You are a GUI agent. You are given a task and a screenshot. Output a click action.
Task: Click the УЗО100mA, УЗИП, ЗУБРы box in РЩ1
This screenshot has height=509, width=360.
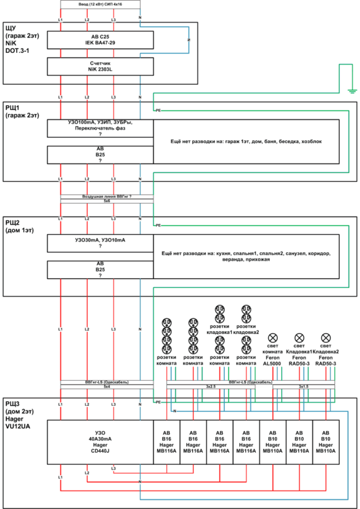(x=100, y=129)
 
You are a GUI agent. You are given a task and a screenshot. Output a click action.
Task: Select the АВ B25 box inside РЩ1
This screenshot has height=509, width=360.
(x=100, y=155)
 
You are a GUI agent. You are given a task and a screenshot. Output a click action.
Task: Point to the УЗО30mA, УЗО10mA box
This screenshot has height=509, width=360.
(x=100, y=244)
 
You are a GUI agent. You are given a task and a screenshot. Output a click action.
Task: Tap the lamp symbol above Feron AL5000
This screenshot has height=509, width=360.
(x=273, y=337)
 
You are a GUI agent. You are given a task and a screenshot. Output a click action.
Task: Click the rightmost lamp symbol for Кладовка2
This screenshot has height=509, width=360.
(x=325, y=337)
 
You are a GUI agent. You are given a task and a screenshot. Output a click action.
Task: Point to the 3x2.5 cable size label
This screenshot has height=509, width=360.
(x=212, y=388)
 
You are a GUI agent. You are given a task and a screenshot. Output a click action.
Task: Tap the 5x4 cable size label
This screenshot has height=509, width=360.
(x=107, y=388)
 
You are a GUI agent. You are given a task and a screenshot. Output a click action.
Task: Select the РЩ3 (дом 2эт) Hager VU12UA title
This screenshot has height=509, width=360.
(x=20, y=415)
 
